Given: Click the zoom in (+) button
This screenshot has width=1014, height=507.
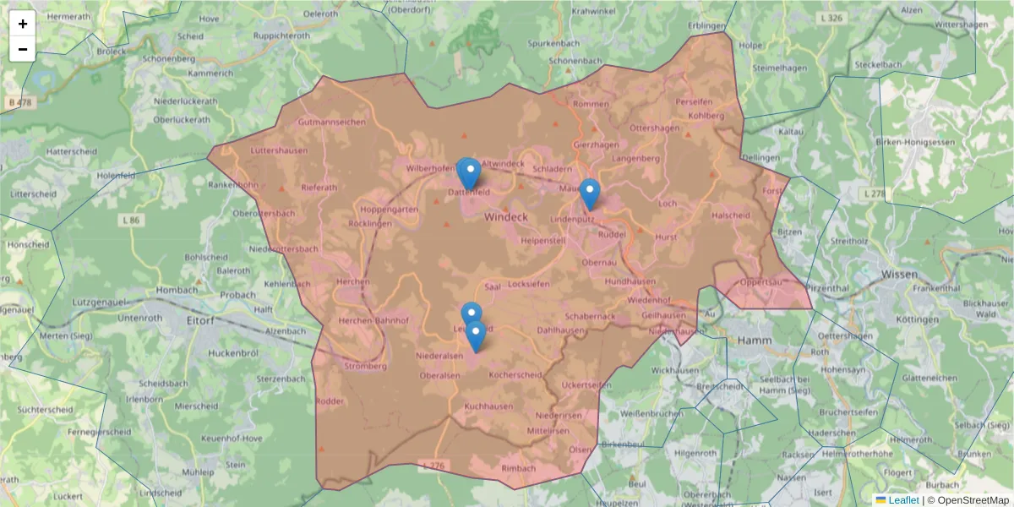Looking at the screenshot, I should click(23, 24).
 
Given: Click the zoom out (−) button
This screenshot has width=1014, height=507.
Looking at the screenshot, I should click(23, 49).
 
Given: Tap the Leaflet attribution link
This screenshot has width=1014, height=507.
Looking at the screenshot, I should click(903, 500).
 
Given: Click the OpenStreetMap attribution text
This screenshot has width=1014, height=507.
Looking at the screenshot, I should click(973, 500).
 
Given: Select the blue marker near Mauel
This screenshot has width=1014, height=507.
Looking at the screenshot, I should click(589, 194).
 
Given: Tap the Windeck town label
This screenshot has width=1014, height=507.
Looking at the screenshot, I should click(506, 217).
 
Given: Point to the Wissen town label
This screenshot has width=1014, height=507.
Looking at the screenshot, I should click(899, 275).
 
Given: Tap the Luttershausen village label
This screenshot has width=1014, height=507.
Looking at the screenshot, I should click(279, 151).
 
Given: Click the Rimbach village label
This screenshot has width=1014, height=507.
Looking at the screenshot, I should click(519, 468).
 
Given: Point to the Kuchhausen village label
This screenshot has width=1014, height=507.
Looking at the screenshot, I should click(488, 406).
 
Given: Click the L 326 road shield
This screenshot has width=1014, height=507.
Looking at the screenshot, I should click(831, 18).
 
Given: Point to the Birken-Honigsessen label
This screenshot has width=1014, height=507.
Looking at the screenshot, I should click(922, 141).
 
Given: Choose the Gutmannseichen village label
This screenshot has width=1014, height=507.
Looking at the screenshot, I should click(332, 122).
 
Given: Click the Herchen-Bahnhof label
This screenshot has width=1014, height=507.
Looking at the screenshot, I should click(373, 321).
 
